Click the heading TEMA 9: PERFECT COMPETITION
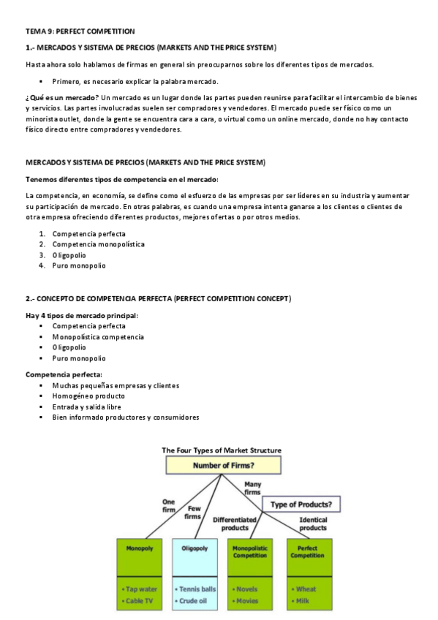[80, 31]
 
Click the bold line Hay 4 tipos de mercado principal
[82, 316]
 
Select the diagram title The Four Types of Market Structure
[222, 450]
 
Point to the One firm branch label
[167, 505]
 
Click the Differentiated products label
[234, 523]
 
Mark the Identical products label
[313, 523]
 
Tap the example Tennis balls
[197, 589]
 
